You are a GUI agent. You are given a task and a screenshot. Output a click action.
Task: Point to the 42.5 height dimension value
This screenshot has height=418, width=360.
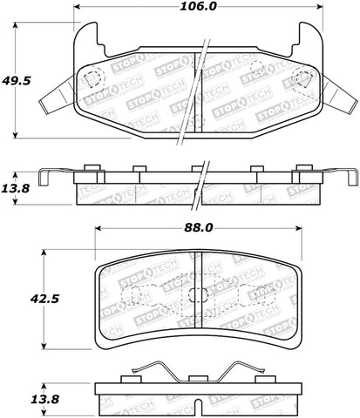tap(16, 298)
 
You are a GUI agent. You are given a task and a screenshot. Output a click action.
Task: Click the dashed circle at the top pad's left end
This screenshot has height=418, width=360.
tap(92, 78)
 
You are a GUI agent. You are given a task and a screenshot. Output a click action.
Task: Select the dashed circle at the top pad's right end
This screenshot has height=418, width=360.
tap(303, 78)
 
